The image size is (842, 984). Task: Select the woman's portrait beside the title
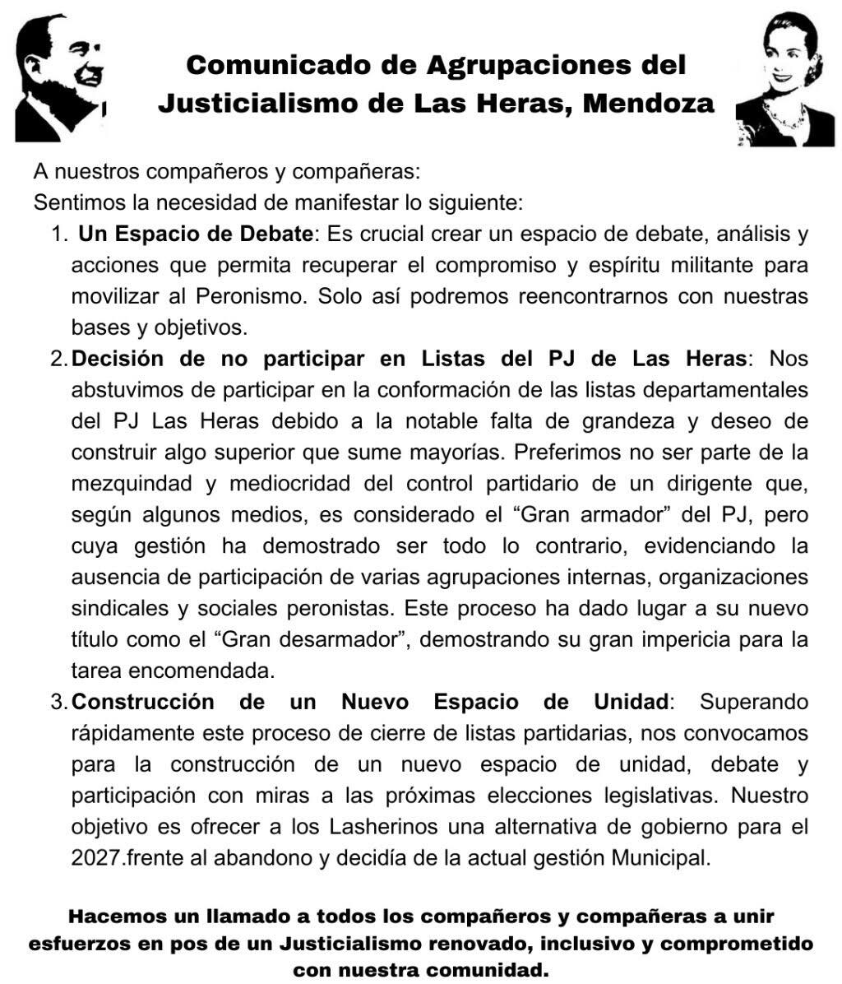[784, 78]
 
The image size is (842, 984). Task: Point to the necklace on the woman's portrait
[785, 119]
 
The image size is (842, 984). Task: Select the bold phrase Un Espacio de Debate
[196, 234]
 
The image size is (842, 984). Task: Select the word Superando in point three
[753, 703]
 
